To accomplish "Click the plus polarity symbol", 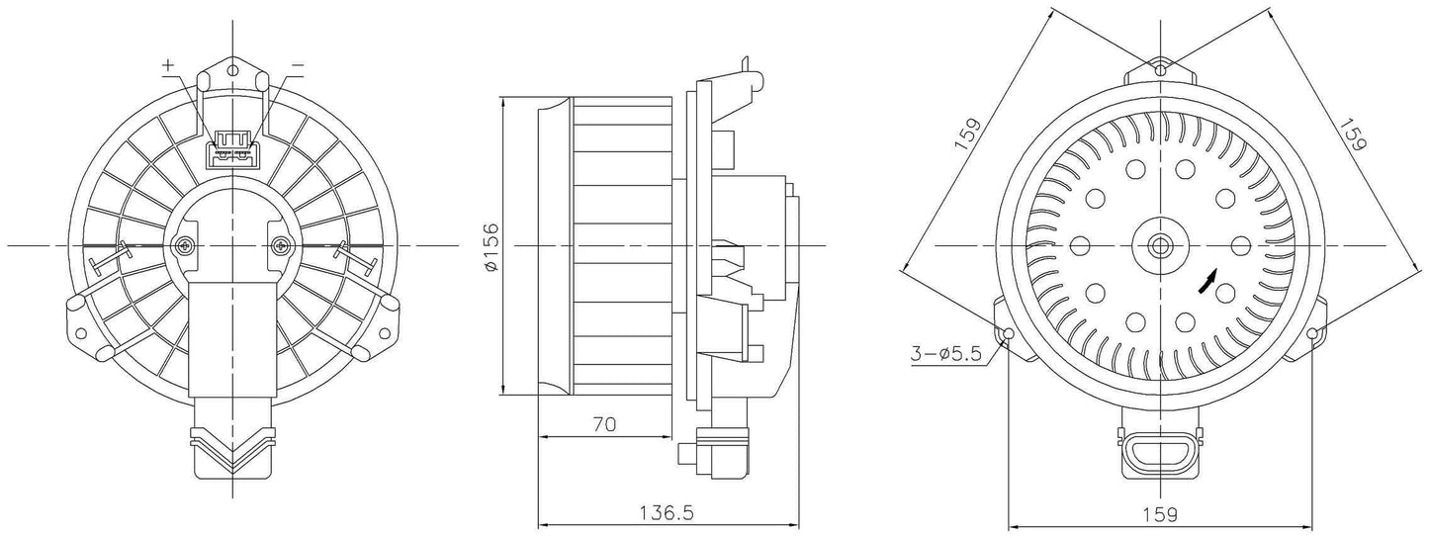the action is [168, 65].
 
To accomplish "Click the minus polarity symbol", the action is [298, 65].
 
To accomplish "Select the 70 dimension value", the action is [604, 424].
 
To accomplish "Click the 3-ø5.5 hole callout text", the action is [946, 353].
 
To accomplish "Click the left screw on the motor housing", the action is [185, 245].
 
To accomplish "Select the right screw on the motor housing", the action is [281, 245].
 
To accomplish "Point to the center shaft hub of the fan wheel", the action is [1160, 245].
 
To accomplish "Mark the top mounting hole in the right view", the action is [1160, 69].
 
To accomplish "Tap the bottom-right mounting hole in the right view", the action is [1312, 333].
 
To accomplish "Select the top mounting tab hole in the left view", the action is [232, 69].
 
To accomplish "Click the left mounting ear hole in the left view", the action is [81, 333].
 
